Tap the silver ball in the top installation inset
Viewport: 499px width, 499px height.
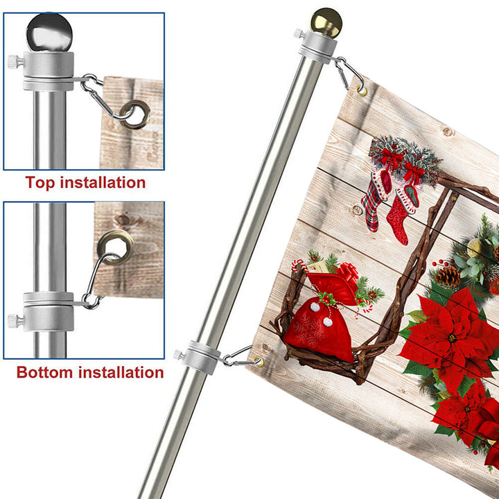pyautogui.click(x=49, y=32)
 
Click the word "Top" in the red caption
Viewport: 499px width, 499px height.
pyautogui.click(x=40, y=183)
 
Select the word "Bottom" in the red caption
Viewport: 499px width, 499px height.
pyautogui.click(x=44, y=372)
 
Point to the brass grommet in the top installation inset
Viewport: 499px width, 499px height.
pyautogui.click(x=135, y=114)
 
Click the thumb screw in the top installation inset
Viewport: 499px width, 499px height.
pyautogui.click(x=15, y=62)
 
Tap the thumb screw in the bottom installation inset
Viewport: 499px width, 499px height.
pyautogui.click(x=15, y=321)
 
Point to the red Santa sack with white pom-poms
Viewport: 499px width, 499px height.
pyautogui.click(x=319, y=329)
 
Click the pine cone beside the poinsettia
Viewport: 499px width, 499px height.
pyautogui.click(x=447, y=276)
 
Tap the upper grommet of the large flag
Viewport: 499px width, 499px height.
pyautogui.click(x=361, y=90)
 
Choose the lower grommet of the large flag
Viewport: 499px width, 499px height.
pyautogui.click(x=258, y=362)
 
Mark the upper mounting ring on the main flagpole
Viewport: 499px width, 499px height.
pyautogui.click(x=317, y=47)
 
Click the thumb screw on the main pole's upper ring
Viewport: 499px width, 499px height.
pyautogui.click(x=299, y=33)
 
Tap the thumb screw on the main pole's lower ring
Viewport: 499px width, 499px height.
pyautogui.click(x=179, y=354)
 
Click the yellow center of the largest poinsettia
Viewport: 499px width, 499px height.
pyautogui.click(x=452, y=338)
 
